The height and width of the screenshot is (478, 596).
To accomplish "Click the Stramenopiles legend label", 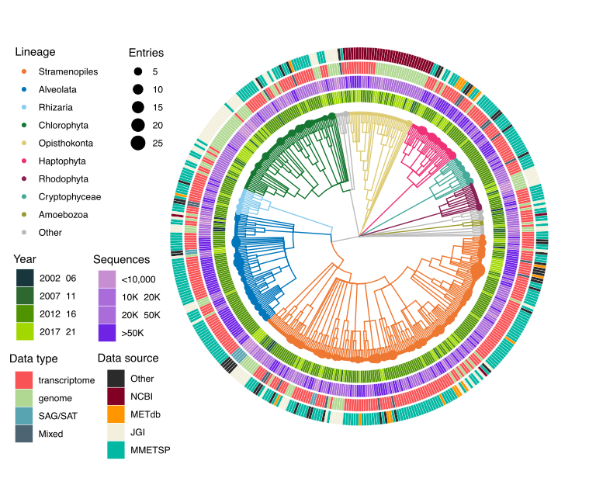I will point(68,72).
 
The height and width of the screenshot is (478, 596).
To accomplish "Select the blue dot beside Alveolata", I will point(24,90).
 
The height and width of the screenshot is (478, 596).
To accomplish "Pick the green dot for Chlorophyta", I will point(24,126).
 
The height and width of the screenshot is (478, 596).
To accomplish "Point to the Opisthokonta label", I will point(64,144).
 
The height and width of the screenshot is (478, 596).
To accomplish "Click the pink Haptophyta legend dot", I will point(24,161).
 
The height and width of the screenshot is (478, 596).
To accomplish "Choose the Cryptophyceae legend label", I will point(69,197).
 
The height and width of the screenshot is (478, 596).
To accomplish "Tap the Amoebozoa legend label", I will point(61,215).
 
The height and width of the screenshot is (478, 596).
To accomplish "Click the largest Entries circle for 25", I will point(138,143).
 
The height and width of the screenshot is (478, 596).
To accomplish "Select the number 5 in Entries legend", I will point(155,72).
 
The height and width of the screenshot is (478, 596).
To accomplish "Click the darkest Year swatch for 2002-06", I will point(25,278).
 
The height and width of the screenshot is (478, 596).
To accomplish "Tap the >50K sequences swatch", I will point(106,333).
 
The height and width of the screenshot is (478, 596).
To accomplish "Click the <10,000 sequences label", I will point(140,279).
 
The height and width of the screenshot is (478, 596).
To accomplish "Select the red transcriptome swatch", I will point(25,380).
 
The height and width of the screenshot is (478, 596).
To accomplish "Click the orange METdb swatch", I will point(116,415).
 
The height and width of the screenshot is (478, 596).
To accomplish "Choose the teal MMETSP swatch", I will point(116,451).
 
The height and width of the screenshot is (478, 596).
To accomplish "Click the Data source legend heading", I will point(128,358).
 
